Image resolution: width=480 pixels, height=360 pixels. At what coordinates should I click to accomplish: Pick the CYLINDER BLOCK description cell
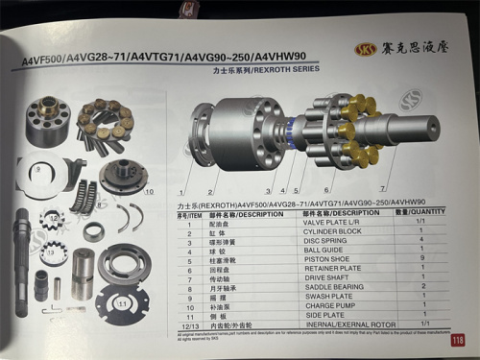[336, 232]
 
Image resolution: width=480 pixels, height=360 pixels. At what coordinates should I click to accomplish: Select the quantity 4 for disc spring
[421, 240]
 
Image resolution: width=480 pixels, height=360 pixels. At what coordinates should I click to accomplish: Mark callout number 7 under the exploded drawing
[385, 188]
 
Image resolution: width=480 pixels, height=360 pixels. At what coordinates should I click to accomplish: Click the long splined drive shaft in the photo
[24, 259]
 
